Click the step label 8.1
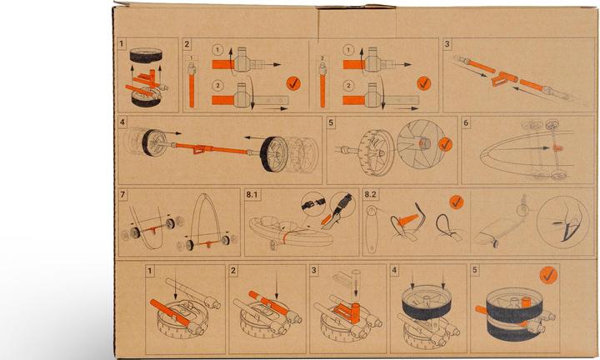tap(252, 194)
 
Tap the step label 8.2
tap(370, 194)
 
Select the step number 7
tap(122, 194)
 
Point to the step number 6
tap(466, 122)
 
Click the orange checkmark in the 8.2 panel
tap(456, 202)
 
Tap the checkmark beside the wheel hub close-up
tap(445, 144)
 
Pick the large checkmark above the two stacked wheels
tap(548, 275)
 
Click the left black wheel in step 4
tap(154, 142)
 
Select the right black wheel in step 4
tap(273, 154)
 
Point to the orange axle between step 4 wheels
tap(211, 148)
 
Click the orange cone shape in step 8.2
tap(407, 220)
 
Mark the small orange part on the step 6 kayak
tap(556, 147)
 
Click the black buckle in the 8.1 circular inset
tap(313, 204)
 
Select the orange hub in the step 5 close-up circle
tap(424, 144)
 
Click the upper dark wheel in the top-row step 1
tap(146, 56)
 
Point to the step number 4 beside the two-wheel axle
tap(122, 122)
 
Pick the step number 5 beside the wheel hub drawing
tap(331, 122)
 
